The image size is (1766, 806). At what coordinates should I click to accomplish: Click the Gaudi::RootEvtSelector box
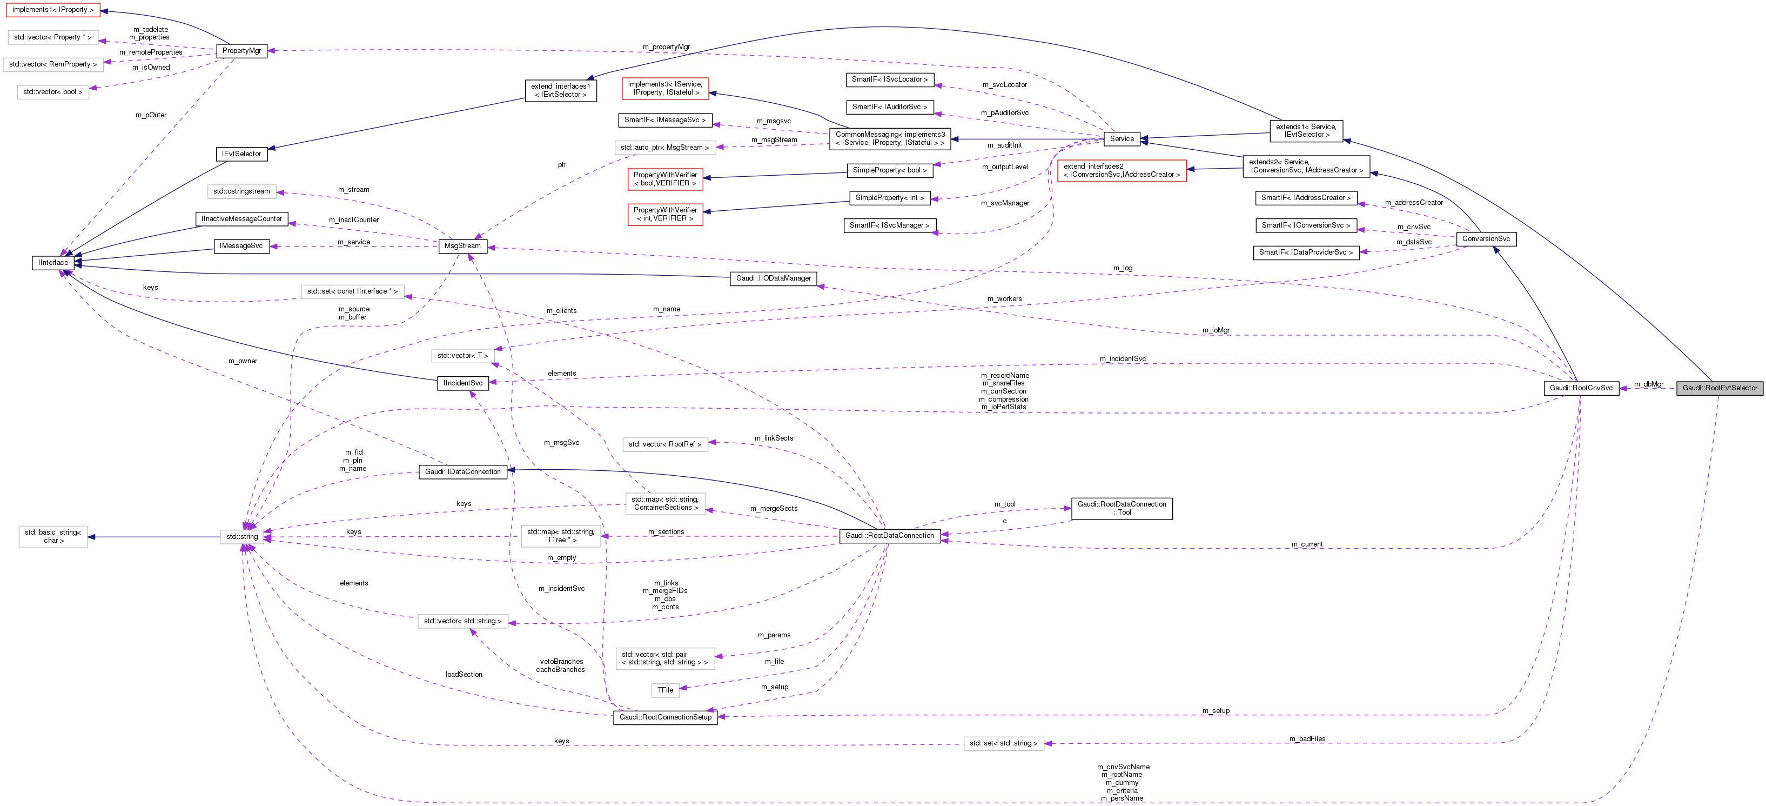click(x=1720, y=388)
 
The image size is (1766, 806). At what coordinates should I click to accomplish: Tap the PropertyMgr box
click(x=241, y=51)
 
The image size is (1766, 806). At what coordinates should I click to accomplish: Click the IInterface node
click(x=53, y=263)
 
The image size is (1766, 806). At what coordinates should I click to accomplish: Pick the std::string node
click(x=242, y=537)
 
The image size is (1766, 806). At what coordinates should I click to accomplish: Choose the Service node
click(x=1122, y=138)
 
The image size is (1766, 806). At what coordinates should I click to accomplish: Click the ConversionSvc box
click(x=1486, y=239)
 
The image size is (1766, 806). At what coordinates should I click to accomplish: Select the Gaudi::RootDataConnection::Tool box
click(x=1122, y=508)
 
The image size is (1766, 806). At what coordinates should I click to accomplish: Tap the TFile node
click(x=665, y=690)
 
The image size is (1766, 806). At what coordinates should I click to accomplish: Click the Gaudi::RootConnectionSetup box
click(x=665, y=717)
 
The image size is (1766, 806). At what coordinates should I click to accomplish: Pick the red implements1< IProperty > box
click(x=53, y=10)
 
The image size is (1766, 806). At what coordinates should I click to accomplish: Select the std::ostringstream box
click(x=241, y=191)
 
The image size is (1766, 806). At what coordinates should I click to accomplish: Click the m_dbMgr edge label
click(x=1648, y=384)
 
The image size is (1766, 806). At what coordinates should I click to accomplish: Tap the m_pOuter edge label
click(x=151, y=115)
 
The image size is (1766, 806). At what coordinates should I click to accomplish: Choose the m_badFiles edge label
click(x=1307, y=739)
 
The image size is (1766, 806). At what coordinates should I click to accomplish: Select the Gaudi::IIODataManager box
click(x=773, y=278)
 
